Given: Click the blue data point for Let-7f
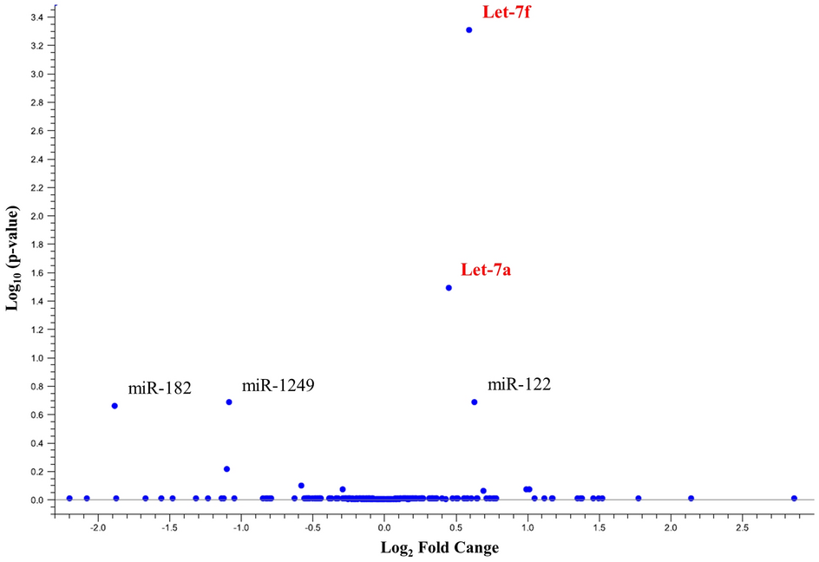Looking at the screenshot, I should tap(468, 29).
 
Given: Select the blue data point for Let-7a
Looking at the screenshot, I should tap(449, 288).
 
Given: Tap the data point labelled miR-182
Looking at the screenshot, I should tap(115, 406).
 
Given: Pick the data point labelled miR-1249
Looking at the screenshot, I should tap(229, 402).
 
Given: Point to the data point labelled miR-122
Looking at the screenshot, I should tap(475, 402).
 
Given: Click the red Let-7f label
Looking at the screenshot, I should tap(506, 11).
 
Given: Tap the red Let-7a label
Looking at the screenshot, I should tap(486, 270).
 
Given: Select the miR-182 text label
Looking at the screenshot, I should tap(160, 387).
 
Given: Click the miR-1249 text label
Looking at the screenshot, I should tap(278, 385).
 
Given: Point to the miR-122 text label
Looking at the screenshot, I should tap(520, 384).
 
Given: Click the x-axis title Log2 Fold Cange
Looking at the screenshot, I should tap(440, 548).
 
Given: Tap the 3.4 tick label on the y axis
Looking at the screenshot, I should tap(34, 16).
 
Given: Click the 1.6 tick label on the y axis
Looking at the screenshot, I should tap(34, 273).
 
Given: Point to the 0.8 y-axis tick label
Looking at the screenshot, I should tap(34, 387).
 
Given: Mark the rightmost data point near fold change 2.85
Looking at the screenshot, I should tap(794, 498).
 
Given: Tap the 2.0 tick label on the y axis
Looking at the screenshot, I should tap(34, 216).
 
